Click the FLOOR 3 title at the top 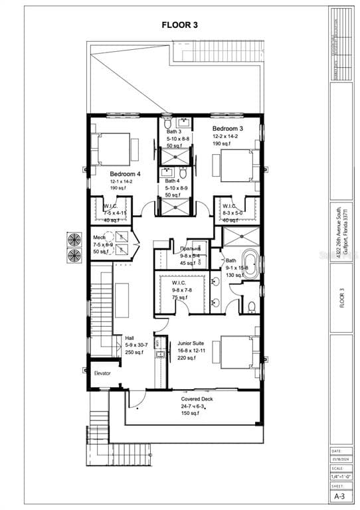[x=180, y=25]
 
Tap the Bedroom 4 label [x=126, y=173]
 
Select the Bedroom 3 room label [x=228, y=128]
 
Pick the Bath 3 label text [x=173, y=132]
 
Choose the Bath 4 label [x=173, y=181]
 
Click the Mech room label [x=100, y=237]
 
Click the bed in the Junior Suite [x=236, y=352]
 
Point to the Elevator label [x=102, y=373]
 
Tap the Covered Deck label [x=198, y=399]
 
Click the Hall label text [x=120, y=337]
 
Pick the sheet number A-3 [x=339, y=496]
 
